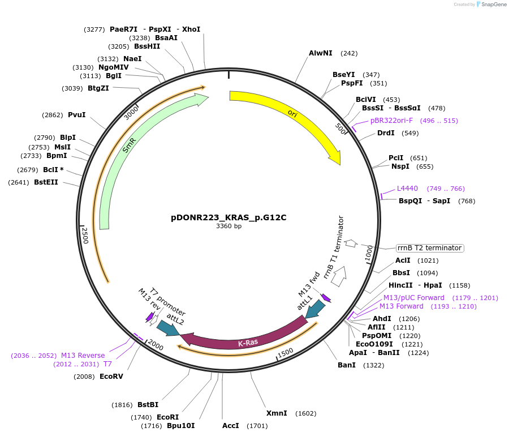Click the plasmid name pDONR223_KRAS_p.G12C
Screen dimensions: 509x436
[x=232, y=217]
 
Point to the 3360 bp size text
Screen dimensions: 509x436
[x=228, y=226]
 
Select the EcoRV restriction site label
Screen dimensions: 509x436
[x=111, y=376]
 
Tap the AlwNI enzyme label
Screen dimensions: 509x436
[x=321, y=53]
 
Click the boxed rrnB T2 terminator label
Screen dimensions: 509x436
[x=429, y=248]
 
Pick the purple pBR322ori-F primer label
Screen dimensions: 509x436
[x=391, y=121]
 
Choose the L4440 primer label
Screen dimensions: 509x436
[x=407, y=189]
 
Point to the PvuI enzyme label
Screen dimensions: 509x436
[x=76, y=115]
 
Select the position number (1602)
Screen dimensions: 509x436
[x=306, y=413]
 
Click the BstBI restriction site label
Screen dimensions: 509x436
[x=148, y=405]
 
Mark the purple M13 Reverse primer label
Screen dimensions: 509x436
[x=83, y=356]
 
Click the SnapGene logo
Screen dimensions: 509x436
[x=491, y=5]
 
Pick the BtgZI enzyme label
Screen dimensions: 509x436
[x=98, y=88]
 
